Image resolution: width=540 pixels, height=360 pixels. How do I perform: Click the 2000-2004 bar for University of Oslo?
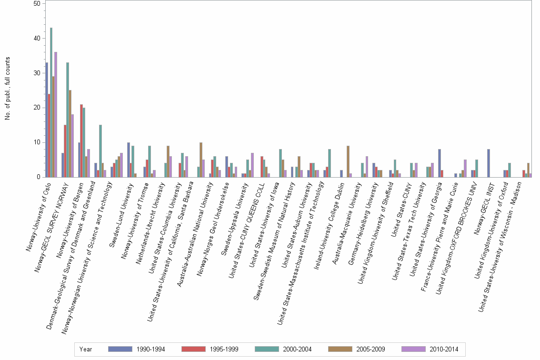point(51,102)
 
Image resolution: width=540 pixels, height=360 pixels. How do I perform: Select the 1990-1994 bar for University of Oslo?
point(47,120)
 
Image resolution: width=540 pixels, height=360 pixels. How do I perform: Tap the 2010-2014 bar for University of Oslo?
point(56,115)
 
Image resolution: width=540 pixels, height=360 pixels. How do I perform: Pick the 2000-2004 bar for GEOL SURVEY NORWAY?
point(68,120)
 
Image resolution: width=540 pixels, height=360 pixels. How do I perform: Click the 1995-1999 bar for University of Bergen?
point(81,141)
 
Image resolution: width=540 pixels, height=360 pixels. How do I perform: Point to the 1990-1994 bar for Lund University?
point(128,160)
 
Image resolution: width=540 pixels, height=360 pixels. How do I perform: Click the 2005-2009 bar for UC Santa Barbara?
point(201,160)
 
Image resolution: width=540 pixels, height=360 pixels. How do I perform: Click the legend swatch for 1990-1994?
point(120,349)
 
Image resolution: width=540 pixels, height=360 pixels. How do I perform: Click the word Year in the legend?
point(86,349)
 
